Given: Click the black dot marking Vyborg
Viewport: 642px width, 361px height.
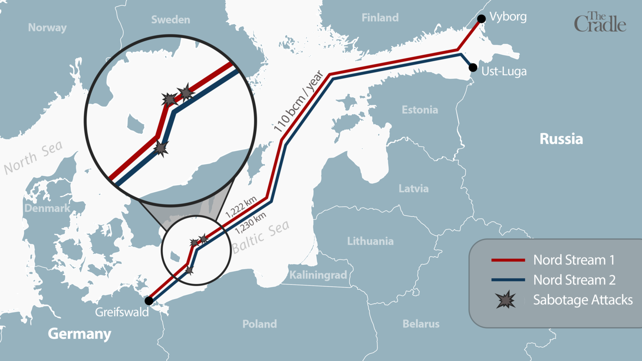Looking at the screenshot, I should click(481, 19).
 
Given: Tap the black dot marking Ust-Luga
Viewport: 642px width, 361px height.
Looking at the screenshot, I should click(473, 68).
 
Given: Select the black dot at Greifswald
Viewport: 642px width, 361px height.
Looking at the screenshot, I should click(149, 301).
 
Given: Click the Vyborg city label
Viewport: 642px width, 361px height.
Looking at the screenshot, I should click(508, 17).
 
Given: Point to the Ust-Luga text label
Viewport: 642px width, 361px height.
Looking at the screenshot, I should click(504, 71).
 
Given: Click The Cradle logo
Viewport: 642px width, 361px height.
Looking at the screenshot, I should click(600, 23).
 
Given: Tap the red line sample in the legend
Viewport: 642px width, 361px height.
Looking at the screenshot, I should click(508, 260).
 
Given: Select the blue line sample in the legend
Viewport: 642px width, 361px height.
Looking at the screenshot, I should click(508, 280).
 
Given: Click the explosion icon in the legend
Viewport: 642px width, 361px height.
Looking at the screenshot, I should click(505, 300).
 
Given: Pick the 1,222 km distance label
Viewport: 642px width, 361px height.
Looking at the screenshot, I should click(241, 207).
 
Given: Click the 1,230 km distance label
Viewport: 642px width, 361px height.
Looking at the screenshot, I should click(250, 223).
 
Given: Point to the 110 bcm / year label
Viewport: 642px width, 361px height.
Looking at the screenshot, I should click(298, 102).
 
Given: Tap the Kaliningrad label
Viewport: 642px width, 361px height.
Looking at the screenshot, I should click(318, 275).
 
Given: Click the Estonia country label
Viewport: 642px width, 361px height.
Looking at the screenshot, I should click(420, 110).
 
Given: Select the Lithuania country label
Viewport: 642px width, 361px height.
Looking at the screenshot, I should click(370, 241).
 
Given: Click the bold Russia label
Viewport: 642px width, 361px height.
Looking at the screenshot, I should click(561, 139).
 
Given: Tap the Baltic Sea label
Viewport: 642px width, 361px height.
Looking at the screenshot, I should click(261, 237).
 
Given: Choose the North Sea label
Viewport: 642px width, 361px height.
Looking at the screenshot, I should click(33, 158).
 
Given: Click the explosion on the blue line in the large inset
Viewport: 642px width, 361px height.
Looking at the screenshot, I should click(161, 148).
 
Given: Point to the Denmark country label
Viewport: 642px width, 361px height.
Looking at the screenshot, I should click(47, 208).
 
